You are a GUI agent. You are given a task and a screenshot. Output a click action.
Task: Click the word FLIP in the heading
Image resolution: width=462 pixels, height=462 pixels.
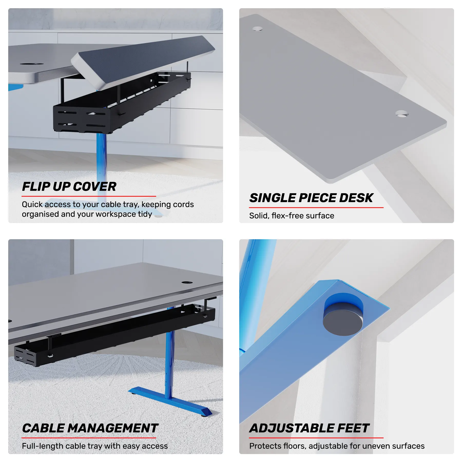pyautogui.click(x=36, y=187)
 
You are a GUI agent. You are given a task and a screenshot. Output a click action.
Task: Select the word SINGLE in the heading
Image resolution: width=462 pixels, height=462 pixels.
pyautogui.click(x=273, y=198)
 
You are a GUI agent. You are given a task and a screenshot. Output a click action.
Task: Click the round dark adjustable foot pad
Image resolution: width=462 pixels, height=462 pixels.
pyautogui.click(x=343, y=321)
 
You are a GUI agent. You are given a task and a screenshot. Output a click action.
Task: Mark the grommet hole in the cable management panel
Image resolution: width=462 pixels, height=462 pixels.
pyautogui.click(x=187, y=282)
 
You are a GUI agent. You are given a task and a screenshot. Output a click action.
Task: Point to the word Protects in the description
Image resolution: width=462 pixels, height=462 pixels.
pyautogui.click(x=266, y=446)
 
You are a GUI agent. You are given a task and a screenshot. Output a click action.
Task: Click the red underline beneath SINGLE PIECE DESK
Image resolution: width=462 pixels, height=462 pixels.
pyautogui.click(x=316, y=207)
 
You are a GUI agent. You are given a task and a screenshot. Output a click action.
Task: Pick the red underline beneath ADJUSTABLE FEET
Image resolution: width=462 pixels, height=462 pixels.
pyautogui.click(x=316, y=438)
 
